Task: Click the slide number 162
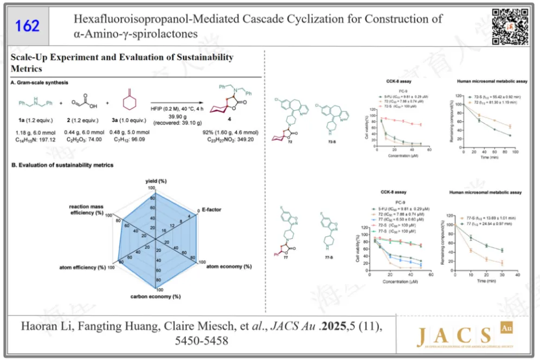[27, 26]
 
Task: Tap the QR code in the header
[510, 26]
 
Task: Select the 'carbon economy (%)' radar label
[155, 297]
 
